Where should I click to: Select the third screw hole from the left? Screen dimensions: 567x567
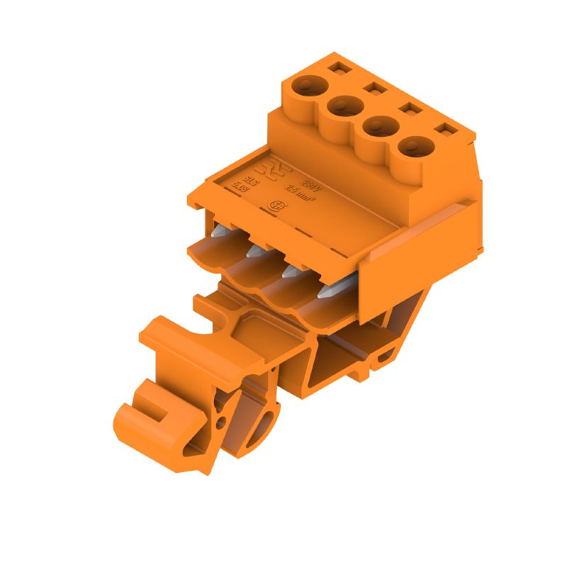(x=378, y=128)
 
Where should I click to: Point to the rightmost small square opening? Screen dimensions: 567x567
(x=446, y=130)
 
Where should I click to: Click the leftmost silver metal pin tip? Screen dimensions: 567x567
(x=219, y=231)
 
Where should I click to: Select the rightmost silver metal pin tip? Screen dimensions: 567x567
(x=326, y=290)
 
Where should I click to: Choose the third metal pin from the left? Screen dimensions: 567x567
(x=289, y=270)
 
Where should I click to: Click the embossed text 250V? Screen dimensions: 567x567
(x=310, y=184)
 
